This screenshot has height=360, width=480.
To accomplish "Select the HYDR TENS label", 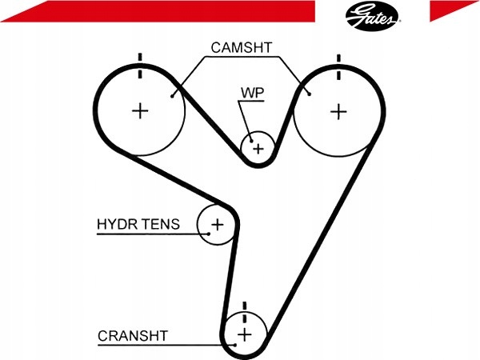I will click(x=138, y=224).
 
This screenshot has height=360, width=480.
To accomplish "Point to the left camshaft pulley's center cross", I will click(x=141, y=110).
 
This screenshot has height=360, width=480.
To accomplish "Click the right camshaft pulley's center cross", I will click(x=338, y=110).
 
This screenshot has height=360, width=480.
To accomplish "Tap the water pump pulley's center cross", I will click(x=258, y=148).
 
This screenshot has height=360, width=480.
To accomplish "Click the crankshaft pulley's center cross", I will click(x=245, y=334).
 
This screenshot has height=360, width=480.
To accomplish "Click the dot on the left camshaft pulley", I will click(x=173, y=95).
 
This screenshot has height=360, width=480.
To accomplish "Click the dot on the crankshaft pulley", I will click(x=235, y=344).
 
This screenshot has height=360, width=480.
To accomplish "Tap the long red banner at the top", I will click(x=160, y=10).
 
